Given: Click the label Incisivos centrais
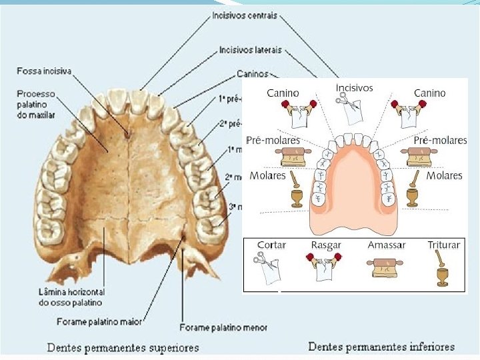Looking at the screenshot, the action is [x=244, y=15].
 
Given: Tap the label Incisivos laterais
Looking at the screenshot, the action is [x=251, y=50].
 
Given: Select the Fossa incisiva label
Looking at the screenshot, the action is [x=45, y=71].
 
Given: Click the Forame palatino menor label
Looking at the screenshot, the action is [x=223, y=327].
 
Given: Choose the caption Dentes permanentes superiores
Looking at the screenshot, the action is [x=123, y=347].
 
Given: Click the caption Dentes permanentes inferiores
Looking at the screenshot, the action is [x=381, y=347].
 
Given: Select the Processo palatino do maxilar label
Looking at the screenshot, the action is [x=37, y=105].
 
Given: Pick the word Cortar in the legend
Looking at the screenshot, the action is [x=272, y=245].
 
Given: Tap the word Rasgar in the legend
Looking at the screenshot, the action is [x=326, y=245].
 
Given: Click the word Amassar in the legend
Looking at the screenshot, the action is [x=387, y=245].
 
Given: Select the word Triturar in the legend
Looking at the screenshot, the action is [x=443, y=245].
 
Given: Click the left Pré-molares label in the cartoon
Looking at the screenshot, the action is [x=273, y=141].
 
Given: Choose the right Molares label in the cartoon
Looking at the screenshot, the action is [x=444, y=175].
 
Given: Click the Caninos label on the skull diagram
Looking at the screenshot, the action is [x=253, y=74].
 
